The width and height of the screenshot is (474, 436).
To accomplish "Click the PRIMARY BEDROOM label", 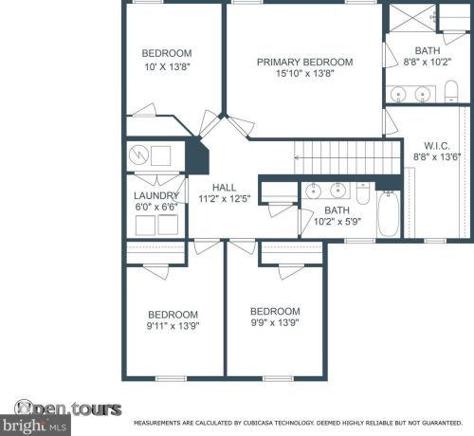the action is coord(305,62).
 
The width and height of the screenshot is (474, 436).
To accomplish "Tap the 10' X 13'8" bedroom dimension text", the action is coord(167,67).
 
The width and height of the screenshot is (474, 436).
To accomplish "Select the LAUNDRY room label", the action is coord(156,196).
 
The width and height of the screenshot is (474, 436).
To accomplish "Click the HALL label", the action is coord(224,188).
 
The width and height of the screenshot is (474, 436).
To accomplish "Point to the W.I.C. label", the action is coord(437,146).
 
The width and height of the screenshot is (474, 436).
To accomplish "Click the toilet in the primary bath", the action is coord(451,91).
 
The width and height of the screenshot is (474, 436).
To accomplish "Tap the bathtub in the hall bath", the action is coord(389,214).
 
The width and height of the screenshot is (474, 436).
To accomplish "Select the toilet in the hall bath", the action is coord(363,192).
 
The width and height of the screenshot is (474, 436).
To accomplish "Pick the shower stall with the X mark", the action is coord(412,17).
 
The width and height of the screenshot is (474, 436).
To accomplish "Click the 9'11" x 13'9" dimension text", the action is coord(173,326).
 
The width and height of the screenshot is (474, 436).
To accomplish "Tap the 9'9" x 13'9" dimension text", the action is coord(275,322).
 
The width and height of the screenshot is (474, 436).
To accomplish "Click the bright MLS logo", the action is coord(35,426).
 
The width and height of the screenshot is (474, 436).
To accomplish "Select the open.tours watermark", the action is coord(67,409).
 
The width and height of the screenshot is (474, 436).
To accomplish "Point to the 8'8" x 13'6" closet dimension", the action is coord(437,156).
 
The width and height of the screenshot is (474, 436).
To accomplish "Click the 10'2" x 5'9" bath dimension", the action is coord(337,222).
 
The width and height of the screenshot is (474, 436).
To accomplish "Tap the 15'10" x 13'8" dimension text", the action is coord(305,73).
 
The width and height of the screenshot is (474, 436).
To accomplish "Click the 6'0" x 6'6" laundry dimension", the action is coord(156,207).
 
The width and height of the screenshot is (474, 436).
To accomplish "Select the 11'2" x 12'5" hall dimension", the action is coord(225,199).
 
